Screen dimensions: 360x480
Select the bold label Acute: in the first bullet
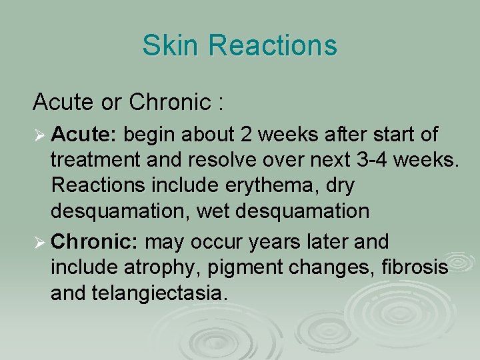84,135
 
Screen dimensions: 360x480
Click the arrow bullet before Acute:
39,135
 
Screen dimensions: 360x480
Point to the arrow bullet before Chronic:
39,241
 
